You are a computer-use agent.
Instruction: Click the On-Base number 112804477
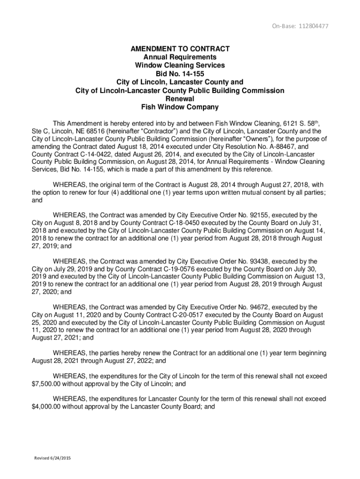coord(307,26)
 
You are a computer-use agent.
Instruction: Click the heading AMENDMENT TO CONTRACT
coord(180,49)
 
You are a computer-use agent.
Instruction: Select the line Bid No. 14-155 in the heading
coord(180,74)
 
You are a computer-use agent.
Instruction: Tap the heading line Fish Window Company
coord(180,107)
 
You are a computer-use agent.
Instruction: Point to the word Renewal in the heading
coord(180,99)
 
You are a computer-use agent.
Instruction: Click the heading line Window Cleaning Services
coord(180,65)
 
